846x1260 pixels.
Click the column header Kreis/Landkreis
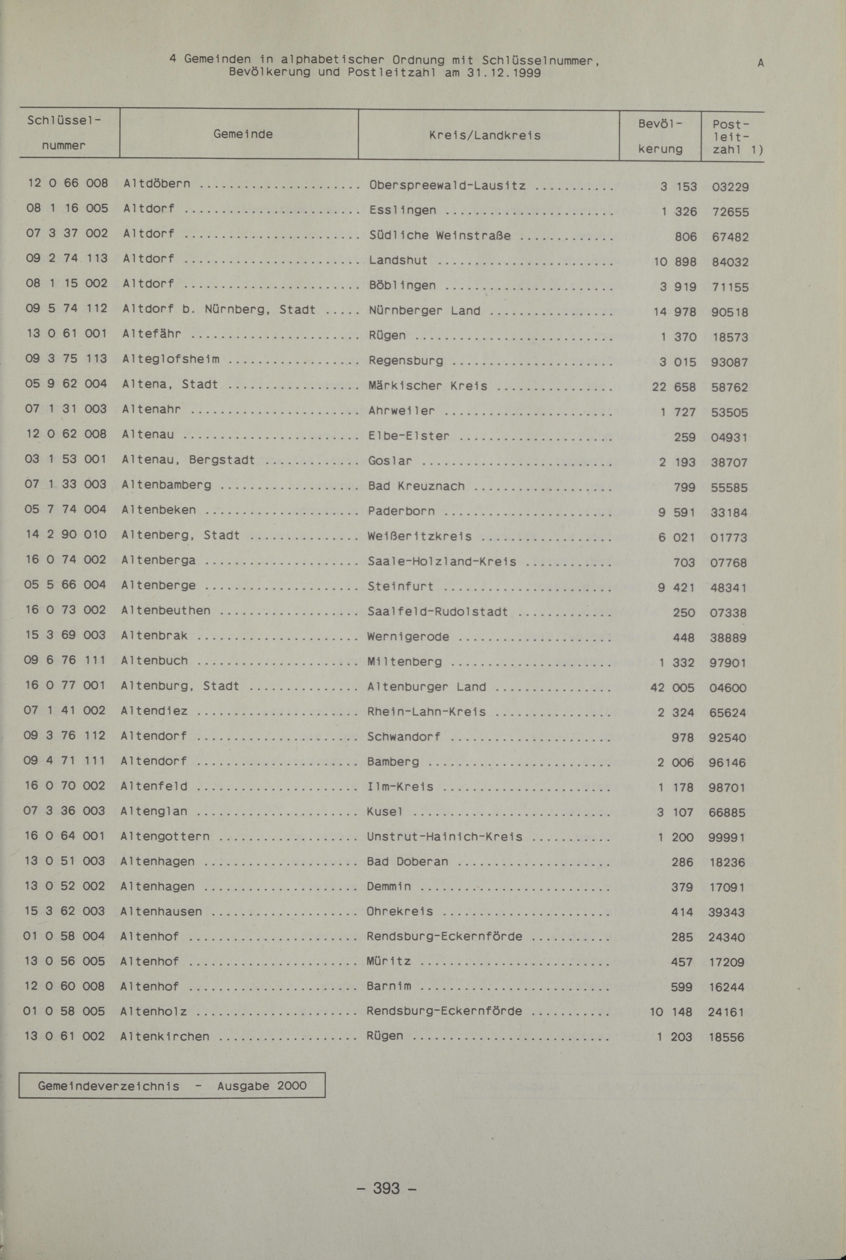click(x=485, y=135)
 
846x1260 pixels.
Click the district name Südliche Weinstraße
click(x=440, y=236)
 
